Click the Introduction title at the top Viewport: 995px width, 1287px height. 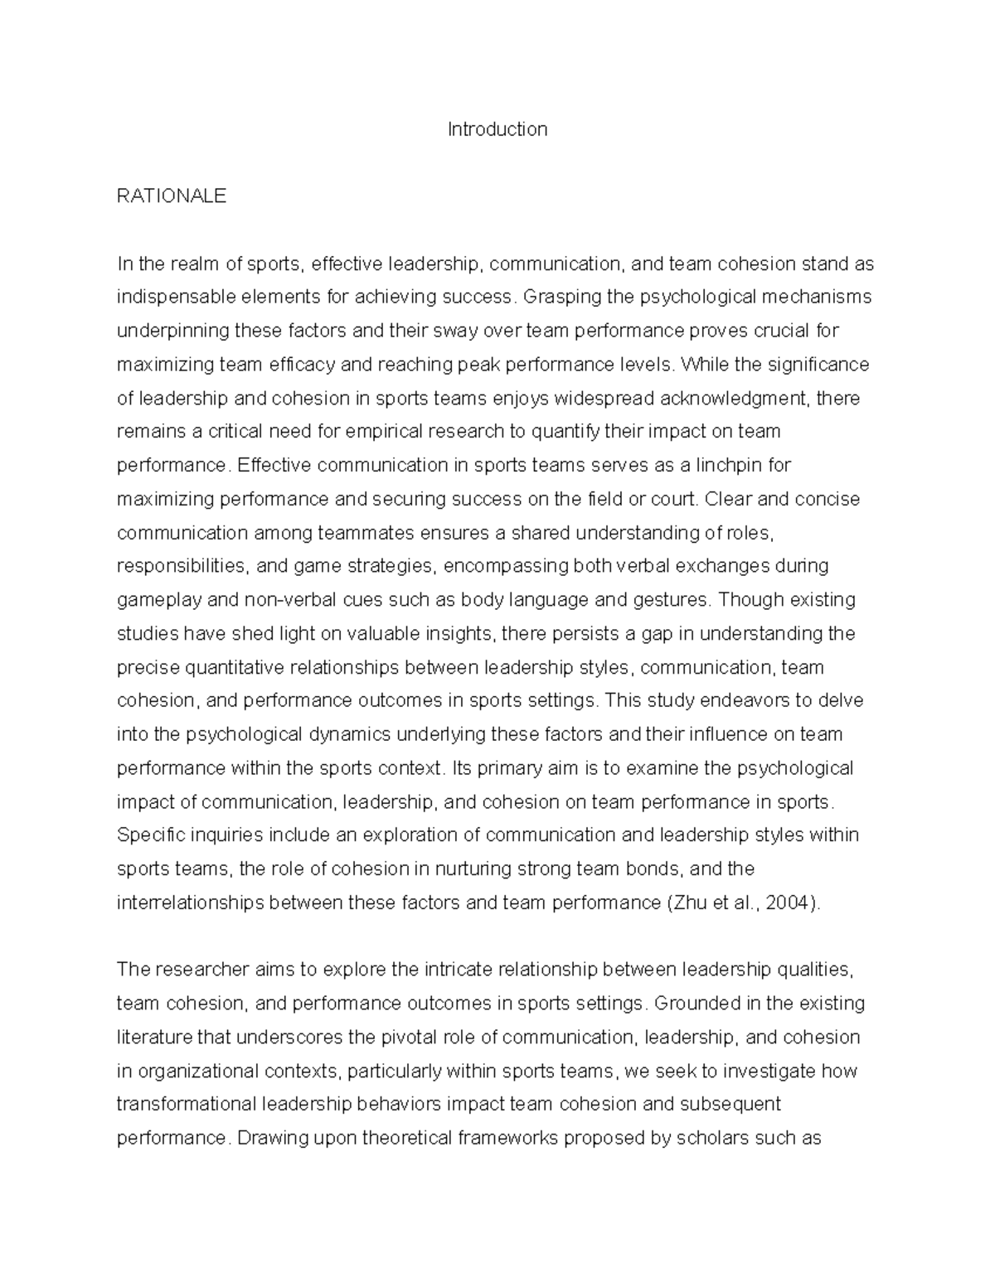(498, 129)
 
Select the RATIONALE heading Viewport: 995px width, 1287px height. (172, 196)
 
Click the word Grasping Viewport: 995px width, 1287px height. (561, 297)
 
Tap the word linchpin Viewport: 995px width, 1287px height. (728, 466)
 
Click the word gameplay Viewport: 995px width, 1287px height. (155, 600)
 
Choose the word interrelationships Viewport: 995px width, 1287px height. (190, 903)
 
